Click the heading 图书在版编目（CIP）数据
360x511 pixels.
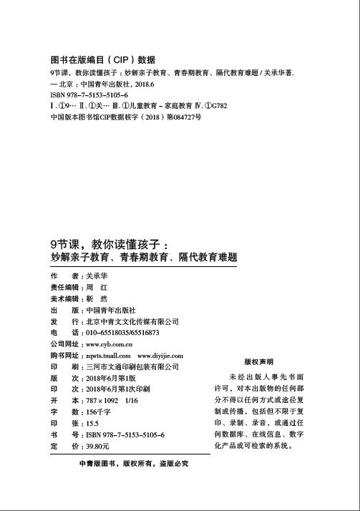tap(103, 60)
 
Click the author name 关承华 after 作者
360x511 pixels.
tap(97, 276)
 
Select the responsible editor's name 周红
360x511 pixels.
tap(96, 287)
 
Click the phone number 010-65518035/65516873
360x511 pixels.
tap(122, 333)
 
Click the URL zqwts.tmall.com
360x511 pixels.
tap(107, 356)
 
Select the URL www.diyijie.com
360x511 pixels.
tap(160, 356)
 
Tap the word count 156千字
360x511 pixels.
tap(99, 412)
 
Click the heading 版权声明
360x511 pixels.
tap(258, 361)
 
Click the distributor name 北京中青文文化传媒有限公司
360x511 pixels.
tap(132, 321)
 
